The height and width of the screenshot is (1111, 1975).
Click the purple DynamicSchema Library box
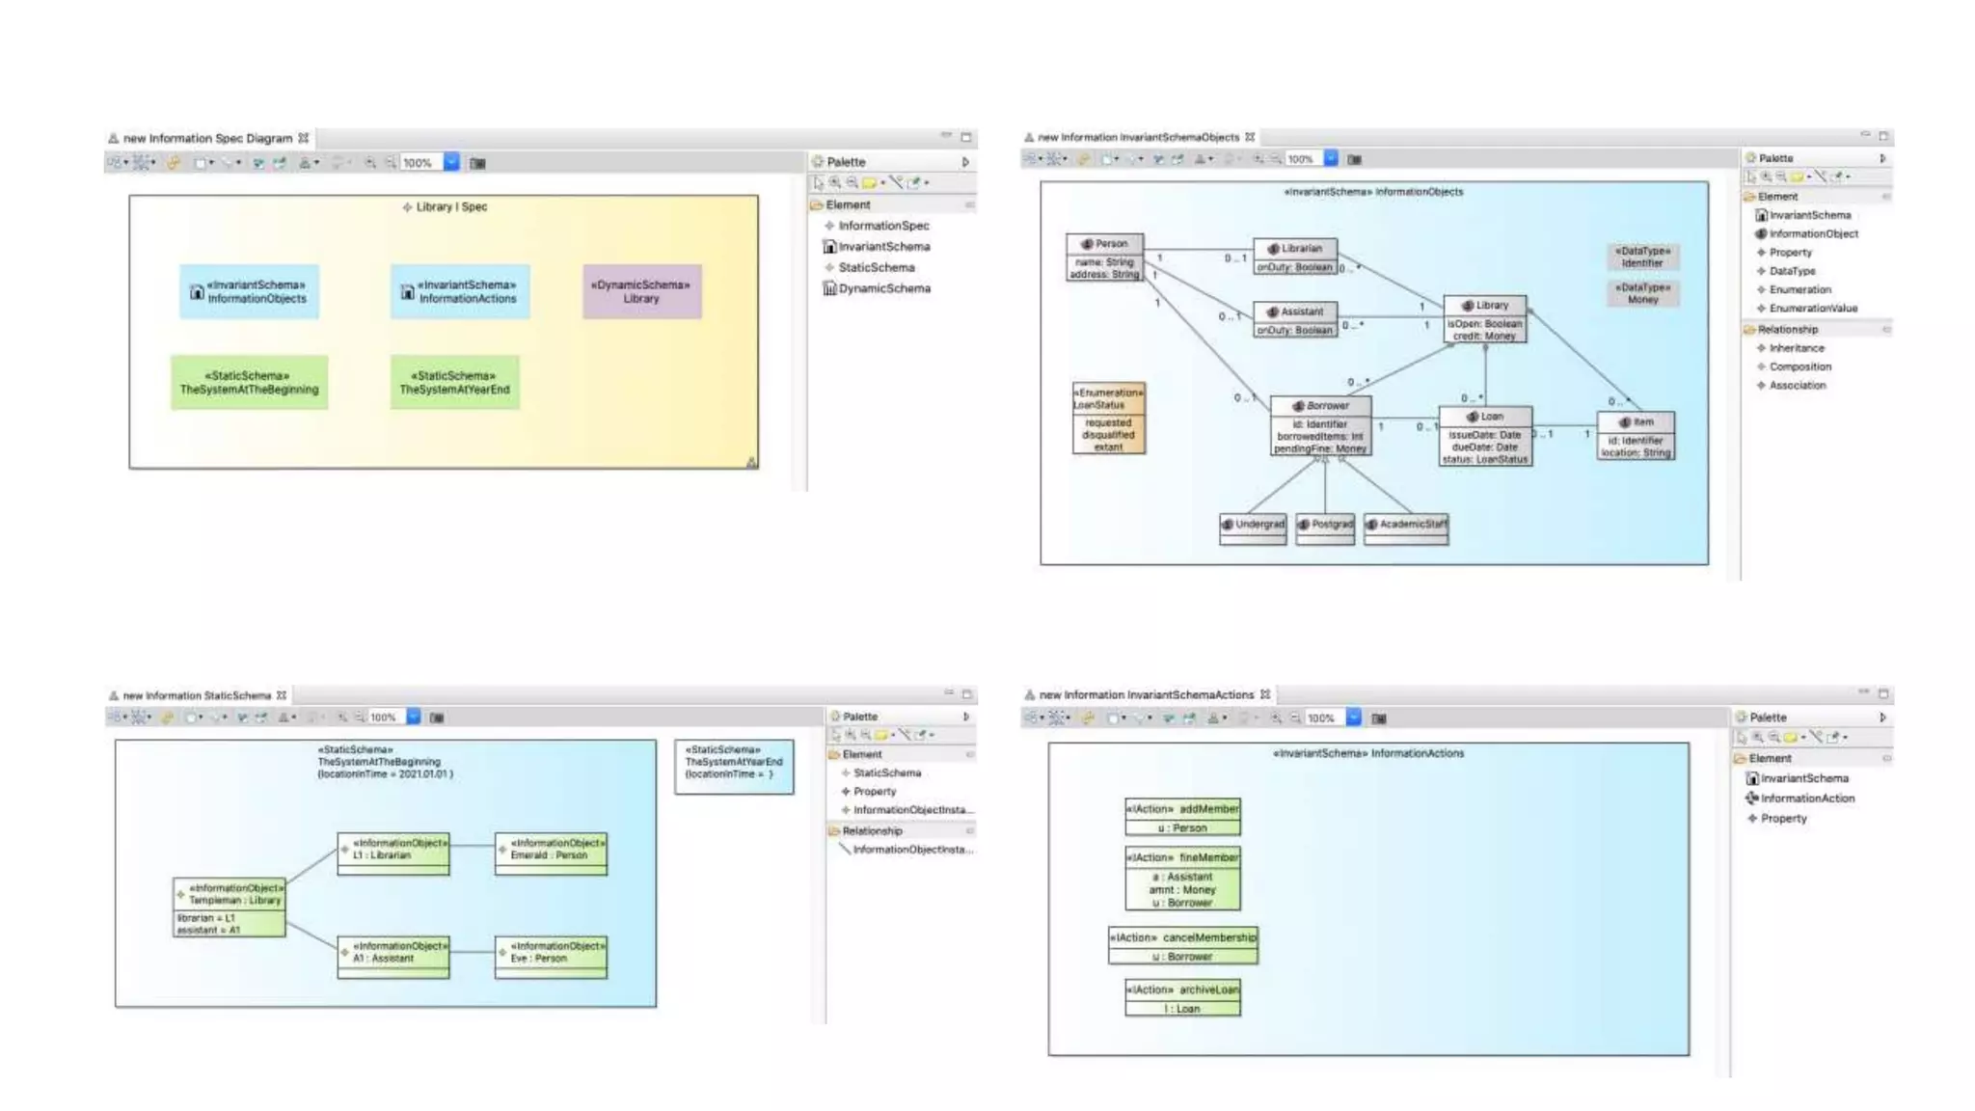[x=641, y=291]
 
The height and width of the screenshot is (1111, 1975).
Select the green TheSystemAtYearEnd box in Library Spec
[x=454, y=383]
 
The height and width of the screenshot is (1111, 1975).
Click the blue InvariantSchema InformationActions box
[x=460, y=291]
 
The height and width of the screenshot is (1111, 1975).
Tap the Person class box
[x=1105, y=257]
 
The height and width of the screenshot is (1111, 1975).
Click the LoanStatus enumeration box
[x=1108, y=418]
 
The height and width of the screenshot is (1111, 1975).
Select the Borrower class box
[x=1320, y=426]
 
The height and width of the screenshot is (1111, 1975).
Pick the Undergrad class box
[x=1253, y=528]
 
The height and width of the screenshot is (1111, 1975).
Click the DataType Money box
[x=1642, y=293]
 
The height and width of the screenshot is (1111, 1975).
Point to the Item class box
[x=1636, y=436]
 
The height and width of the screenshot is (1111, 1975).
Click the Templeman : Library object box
[x=230, y=908]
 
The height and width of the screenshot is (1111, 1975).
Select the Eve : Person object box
[x=551, y=958]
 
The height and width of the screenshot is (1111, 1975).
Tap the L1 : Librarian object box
[x=393, y=854]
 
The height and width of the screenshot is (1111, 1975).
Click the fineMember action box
[x=1182, y=879]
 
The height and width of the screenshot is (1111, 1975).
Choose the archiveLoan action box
[x=1182, y=998]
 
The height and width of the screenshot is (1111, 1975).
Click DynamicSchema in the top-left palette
[x=883, y=288]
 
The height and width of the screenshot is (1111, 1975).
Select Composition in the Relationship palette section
[x=1799, y=366]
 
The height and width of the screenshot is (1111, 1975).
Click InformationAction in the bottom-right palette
[x=1806, y=798]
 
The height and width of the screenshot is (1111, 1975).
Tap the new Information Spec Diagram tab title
[x=207, y=138]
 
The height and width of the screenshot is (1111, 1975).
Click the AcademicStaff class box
[x=1406, y=528]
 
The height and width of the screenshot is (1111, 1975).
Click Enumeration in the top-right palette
[x=1799, y=289]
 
